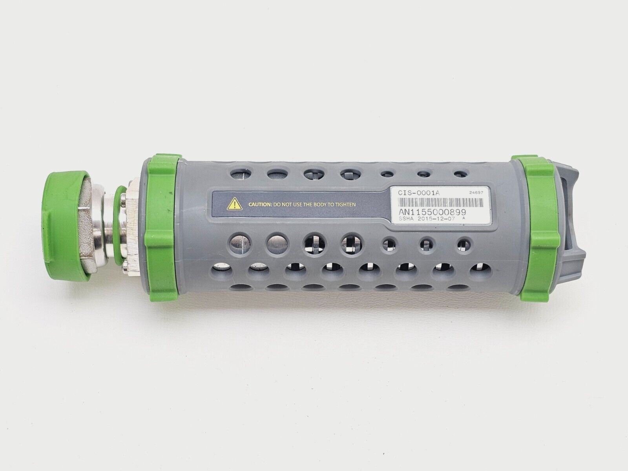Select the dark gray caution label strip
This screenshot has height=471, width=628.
tap(298, 204)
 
